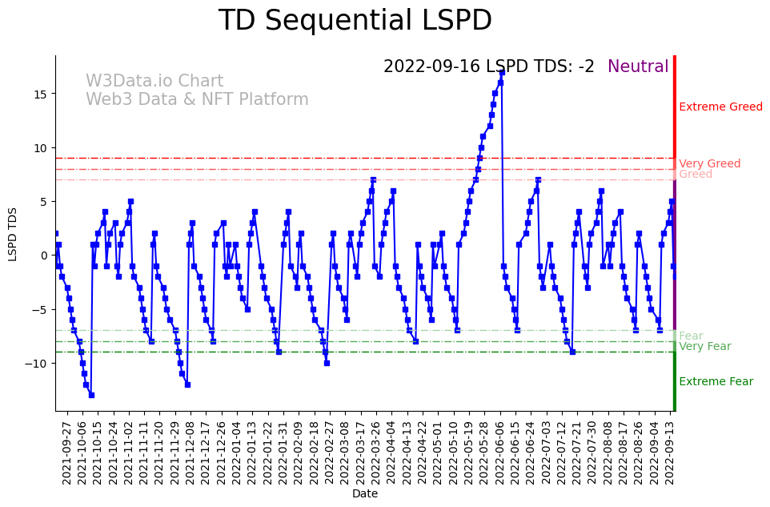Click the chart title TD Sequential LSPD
click(x=355, y=21)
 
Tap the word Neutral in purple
click(x=638, y=66)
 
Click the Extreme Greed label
click(x=720, y=107)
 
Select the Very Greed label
click(x=709, y=163)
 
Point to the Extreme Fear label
click(x=716, y=381)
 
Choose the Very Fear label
click(x=704, y=346)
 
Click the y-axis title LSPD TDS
click(x=13, y=233)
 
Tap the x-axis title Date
click(x=365, y=494)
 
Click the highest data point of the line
click(x=502, y=72)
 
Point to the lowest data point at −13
click(x=91, y=395)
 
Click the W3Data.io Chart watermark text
click(x=154, y=81)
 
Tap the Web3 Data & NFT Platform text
click(x=197, y=99)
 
